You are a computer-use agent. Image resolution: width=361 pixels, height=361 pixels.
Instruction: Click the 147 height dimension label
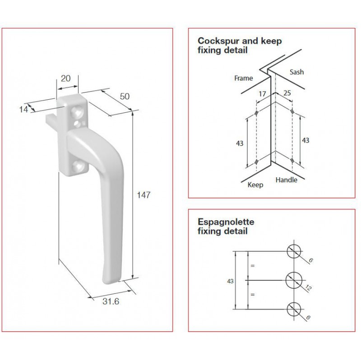(143, 195)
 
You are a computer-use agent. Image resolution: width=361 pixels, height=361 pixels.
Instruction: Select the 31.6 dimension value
(111, 301)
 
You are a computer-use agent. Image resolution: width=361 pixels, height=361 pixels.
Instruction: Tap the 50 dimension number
(125, 96)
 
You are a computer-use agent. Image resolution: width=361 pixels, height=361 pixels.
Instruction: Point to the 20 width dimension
(65, 79)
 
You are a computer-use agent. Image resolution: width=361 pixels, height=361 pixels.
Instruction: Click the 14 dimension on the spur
(23, 110)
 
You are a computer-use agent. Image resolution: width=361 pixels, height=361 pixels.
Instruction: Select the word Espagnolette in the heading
(226, 222)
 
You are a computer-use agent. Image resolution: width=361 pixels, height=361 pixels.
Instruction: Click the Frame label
(243, 78)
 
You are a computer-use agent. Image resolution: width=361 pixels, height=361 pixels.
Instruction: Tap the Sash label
(296, 72)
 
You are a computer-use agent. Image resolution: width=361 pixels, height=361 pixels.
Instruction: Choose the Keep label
(255, 185)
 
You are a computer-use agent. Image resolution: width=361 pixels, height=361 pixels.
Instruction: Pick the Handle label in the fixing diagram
(286, 180)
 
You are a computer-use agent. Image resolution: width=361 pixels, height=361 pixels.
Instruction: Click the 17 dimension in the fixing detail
(262, 94)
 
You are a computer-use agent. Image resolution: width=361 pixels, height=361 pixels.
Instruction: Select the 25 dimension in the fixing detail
(287, 93)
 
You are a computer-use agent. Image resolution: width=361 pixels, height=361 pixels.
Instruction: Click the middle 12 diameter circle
(294, 280)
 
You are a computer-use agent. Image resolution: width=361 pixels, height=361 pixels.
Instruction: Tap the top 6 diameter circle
(294, 251)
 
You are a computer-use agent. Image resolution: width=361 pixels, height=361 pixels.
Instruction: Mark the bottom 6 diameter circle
(294, 309)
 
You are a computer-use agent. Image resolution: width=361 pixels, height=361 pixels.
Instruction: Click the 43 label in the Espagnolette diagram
(230, 281)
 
